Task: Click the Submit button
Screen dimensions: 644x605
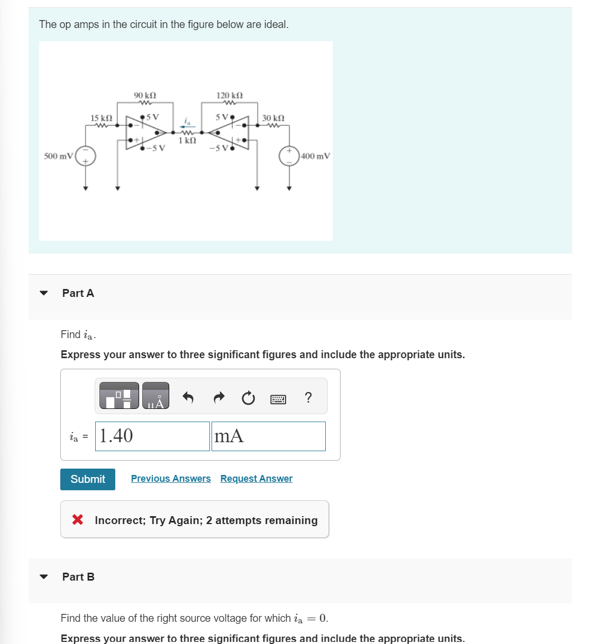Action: (x=88, y=479)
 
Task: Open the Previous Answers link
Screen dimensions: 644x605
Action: (x=171, y=479)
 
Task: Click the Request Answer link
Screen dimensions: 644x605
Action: (x=256, y=479)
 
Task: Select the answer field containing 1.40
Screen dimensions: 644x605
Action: (x=152, y=436)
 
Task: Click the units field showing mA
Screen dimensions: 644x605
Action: (x=268, y=436)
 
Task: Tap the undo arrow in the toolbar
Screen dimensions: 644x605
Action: (x=188, y=397)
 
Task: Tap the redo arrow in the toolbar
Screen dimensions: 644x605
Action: (x=219, y=397)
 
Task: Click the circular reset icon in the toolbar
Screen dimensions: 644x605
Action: (x=248, y=398)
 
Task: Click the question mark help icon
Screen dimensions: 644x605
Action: (x=308, y=397)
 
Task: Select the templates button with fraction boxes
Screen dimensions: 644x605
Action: (x=120, y=396)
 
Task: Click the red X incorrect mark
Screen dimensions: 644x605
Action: (x=78, y=520)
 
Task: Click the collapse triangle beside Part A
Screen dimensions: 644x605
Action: (x=44, y=293)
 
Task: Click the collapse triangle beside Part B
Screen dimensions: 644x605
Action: (x=44, y=577)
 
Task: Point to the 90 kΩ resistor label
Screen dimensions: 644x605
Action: (x=145, y=95)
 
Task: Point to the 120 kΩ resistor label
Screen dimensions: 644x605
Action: (x=230, y=95)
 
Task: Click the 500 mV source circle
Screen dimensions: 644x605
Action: (x=86, y=156)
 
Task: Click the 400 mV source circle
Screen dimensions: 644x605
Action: (x=289, y=156)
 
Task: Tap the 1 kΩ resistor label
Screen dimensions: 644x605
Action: (x=187, y=141)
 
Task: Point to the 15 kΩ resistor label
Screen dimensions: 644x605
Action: (x=101, y=117)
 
